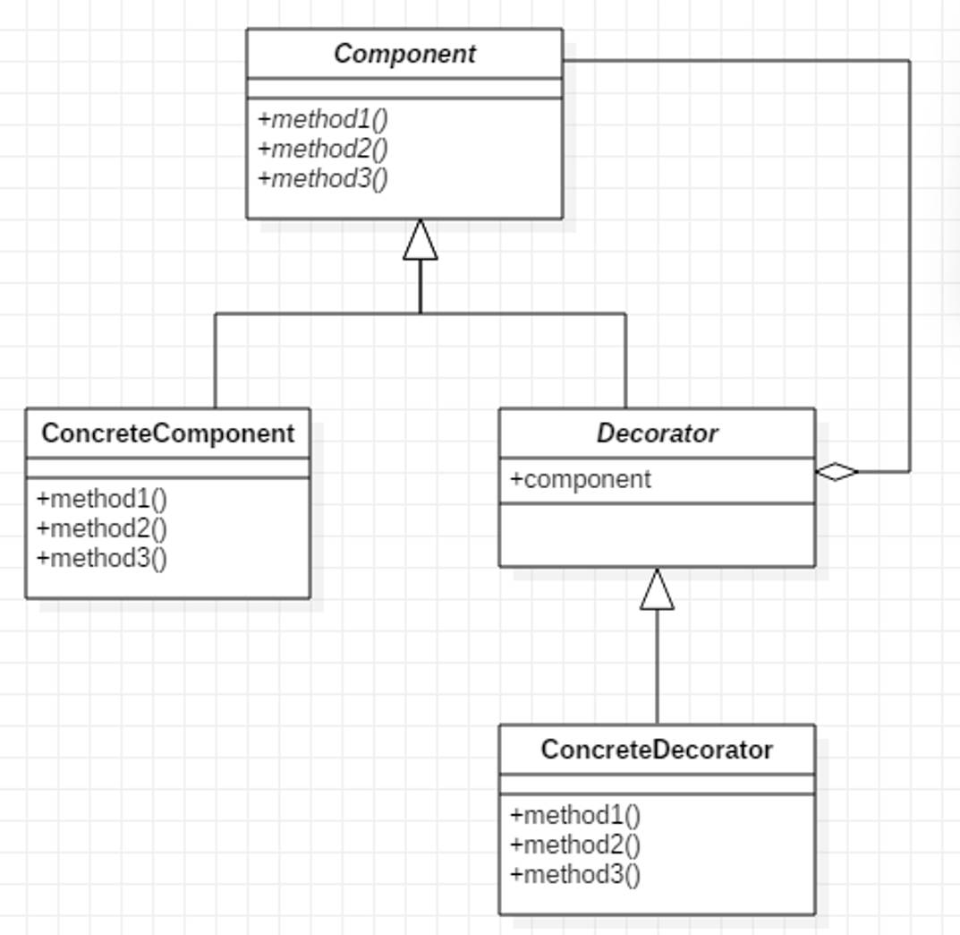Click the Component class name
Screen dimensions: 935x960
point(404,54)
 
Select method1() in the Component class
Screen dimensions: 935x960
point(323,119)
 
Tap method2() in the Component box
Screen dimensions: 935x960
point(323,149)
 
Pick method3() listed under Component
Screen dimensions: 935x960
point(323,178)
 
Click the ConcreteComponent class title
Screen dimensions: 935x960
point(168,433)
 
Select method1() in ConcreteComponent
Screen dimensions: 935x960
point(102,499)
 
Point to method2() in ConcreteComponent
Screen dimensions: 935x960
point(102,528)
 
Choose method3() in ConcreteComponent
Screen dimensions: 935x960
point(102,558)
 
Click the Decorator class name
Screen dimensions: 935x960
point(657,433)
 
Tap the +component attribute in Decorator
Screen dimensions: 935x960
point(581,480)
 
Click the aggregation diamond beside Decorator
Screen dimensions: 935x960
point(837,471)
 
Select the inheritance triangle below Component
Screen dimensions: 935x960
point(421,241)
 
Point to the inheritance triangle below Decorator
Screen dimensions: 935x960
point(657,590)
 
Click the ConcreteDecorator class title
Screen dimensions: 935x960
point(657,750)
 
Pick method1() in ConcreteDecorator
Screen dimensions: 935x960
point(575,815)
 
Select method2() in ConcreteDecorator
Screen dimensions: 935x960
point(575,845)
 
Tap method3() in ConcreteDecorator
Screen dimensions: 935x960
point(575,874)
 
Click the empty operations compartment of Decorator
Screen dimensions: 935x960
point(657,535)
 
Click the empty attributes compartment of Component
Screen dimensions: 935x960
point(404,88)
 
